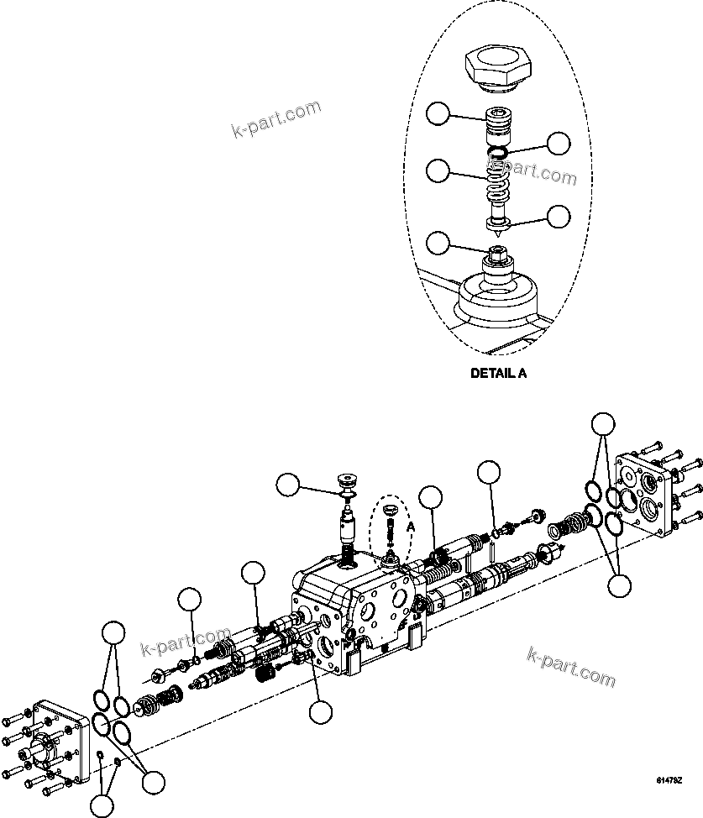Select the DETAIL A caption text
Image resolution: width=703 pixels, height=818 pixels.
click(x=498, y=374)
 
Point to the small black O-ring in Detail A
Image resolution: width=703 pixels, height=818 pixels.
click(x=498, y=152)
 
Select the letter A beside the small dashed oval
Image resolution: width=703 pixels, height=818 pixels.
click(x=412, y=526)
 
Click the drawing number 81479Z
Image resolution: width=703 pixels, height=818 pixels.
click(x=669, y=780)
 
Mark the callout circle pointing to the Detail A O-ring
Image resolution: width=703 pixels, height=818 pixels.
click(x=559, y=143)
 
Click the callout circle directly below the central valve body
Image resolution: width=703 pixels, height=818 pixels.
click(x=320, y=713)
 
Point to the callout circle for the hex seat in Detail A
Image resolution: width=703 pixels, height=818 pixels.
click(x=438, y=243)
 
